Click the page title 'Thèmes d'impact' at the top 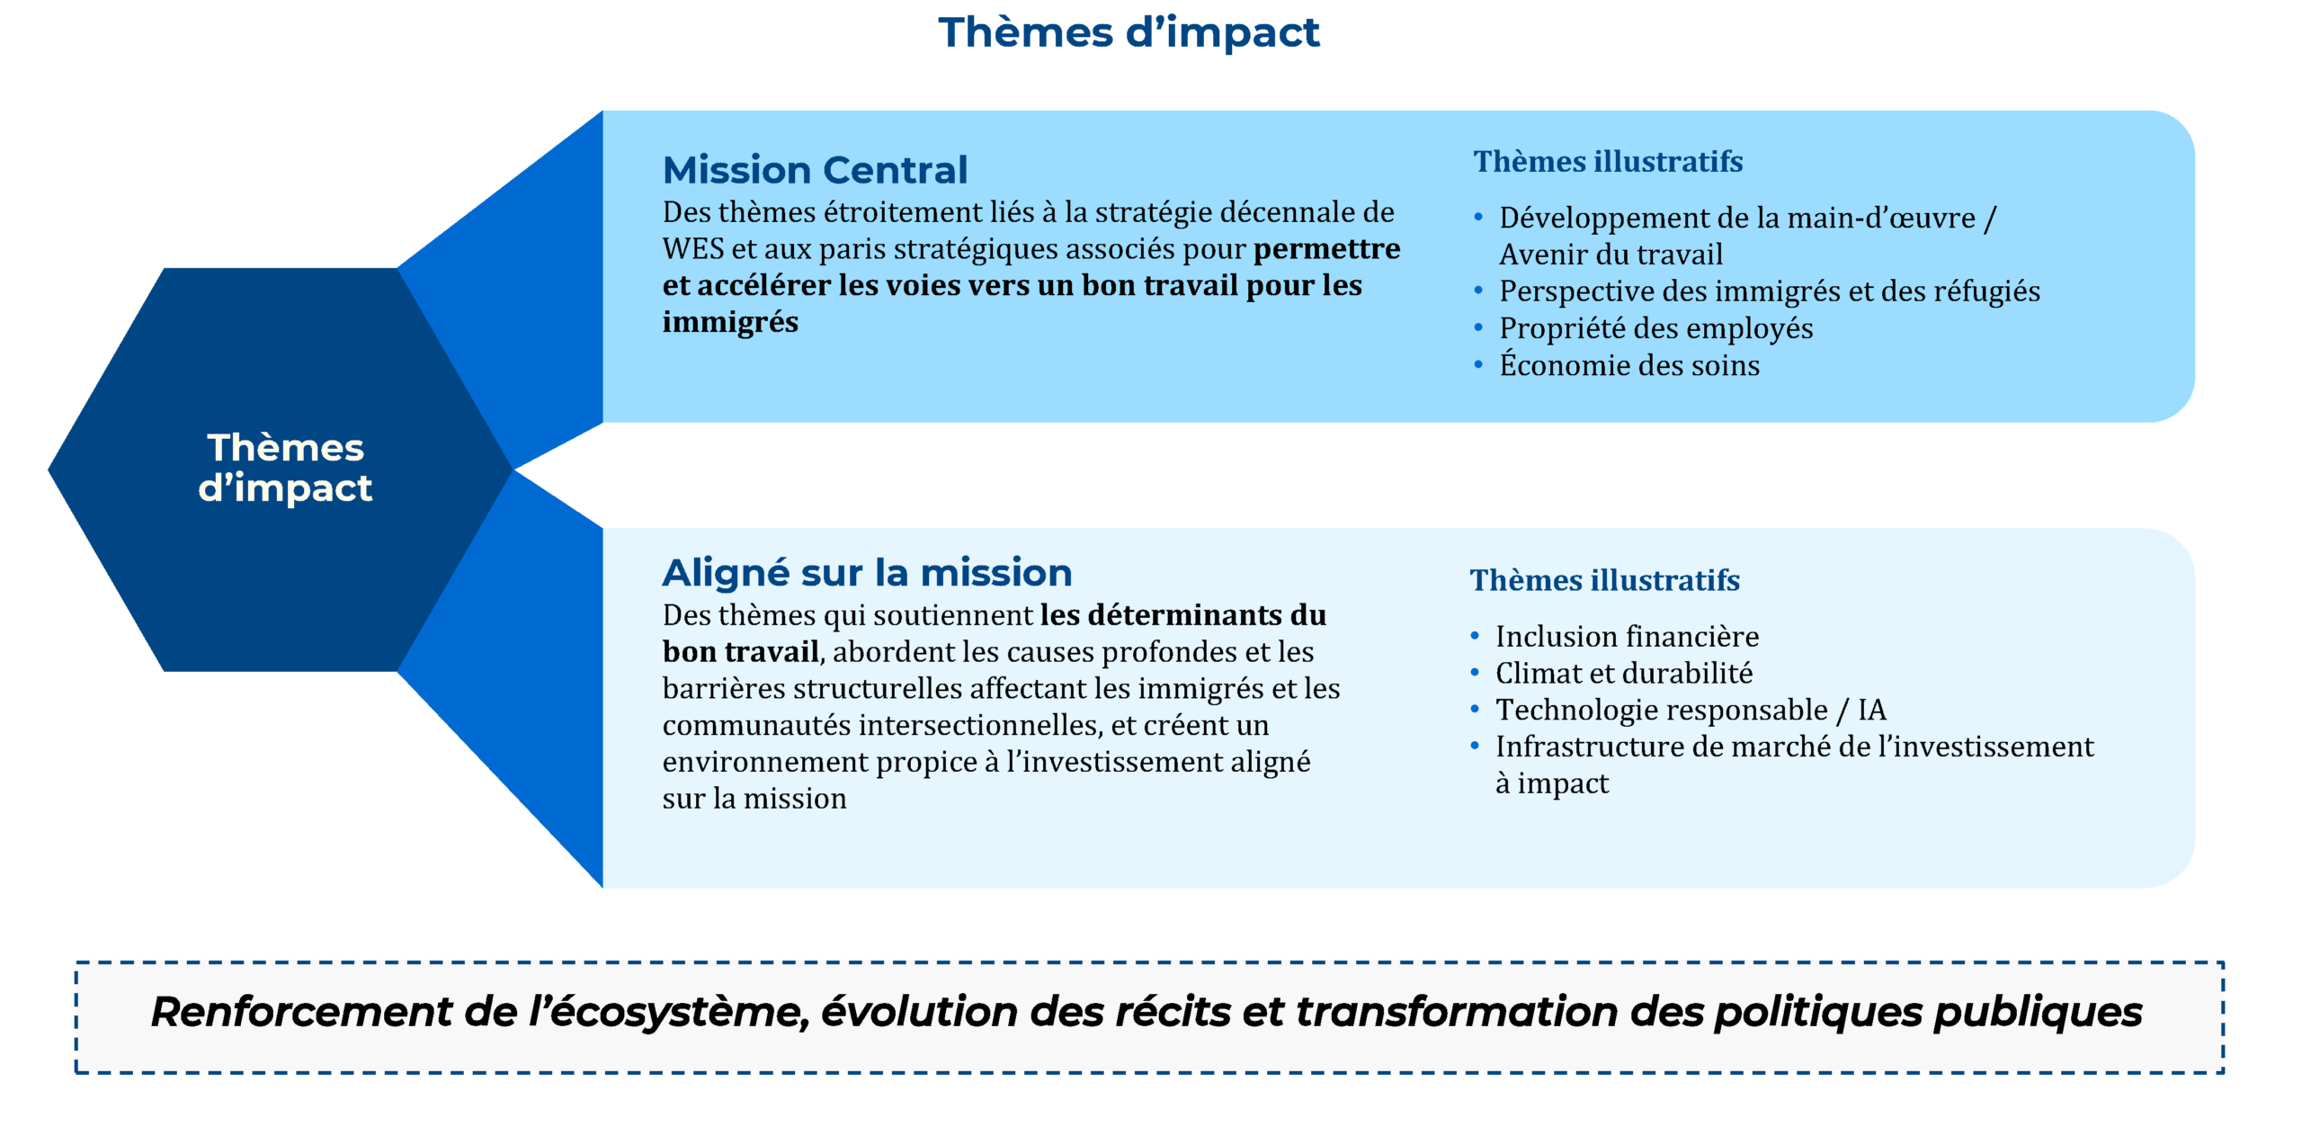click(x=1129, y=32)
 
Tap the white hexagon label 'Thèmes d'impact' click(x=285, y=467)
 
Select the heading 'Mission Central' click(x=815, y=170)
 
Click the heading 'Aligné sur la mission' click(x=867, y=572)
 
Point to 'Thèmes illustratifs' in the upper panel click(x=1608, y=161)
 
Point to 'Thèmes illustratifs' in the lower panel click(x=1604, y=580)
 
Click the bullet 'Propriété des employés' click(x=1655, y=328)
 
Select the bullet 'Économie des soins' click(x=1629, y=364)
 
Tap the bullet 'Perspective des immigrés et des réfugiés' click(x=1769, y=291)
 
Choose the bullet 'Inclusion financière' click(x=1627, y=636)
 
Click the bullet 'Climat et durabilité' click(x=1624, y=673)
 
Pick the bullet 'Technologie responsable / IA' click(x=1691, y=710)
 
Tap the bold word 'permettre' click(x=1326, y=249)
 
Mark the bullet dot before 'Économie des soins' click(x=1478, y=364)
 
